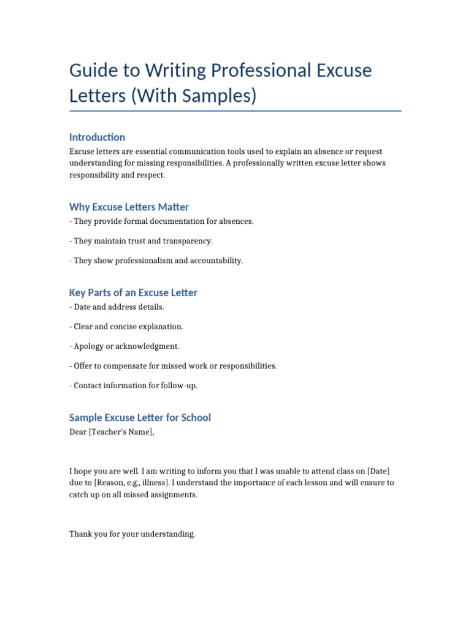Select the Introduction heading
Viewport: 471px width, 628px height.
click(97, 137)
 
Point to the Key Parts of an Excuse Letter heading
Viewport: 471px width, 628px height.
click(133, 293)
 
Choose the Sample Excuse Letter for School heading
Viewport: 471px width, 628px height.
click(140, 418)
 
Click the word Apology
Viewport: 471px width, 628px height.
click(89, 346)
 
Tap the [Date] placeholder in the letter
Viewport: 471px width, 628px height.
click(378, 471)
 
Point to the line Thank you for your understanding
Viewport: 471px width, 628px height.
click(132, 534)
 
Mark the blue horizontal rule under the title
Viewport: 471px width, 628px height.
click(235, 111)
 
